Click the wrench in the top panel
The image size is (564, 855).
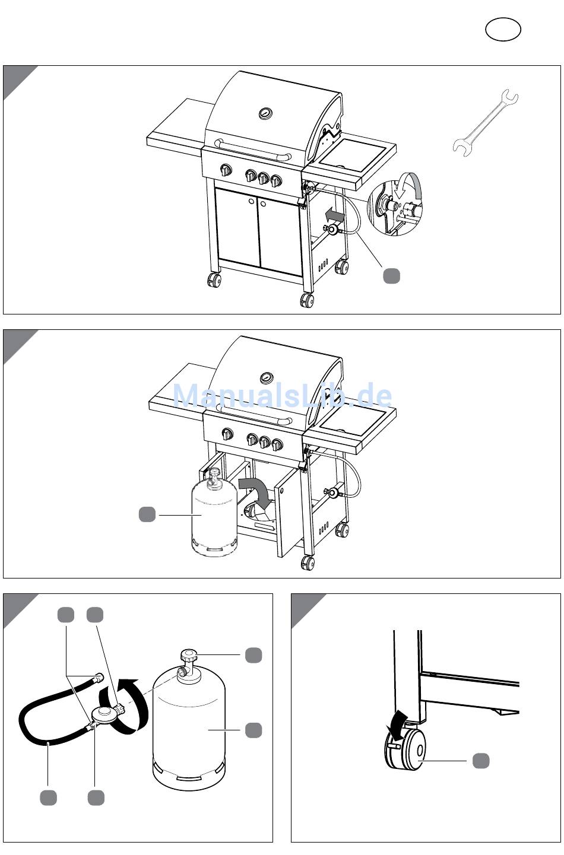point(486,123)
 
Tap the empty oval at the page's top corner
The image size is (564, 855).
point(503,30)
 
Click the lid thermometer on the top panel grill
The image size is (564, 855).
point(265,113)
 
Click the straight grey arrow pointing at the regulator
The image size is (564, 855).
point(334,216)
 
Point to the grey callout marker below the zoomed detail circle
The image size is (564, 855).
point(392,275)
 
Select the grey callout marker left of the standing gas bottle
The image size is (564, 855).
point(147,514)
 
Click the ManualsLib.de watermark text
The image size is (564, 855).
point(282,395)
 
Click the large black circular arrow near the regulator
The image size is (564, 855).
point(124,705)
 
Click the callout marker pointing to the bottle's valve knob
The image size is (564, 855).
point(254,655)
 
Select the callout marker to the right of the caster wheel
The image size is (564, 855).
point(481,761)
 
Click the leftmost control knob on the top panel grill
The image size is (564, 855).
point(226,170)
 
